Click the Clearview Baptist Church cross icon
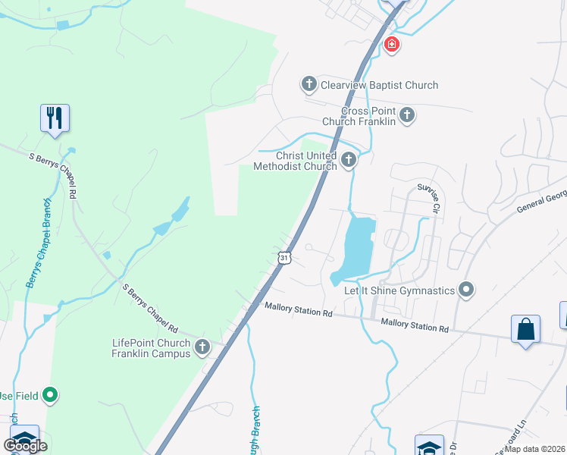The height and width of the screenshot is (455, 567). tap(309, 84)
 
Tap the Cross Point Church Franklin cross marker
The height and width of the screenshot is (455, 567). tap(407, 115)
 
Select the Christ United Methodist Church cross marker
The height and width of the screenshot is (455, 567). tap(348, 159)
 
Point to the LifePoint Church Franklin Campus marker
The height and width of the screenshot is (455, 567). tap(202, 347)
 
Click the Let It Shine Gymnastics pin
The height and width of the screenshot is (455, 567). tap(466, 290)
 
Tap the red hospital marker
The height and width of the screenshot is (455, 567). tap(391, 45)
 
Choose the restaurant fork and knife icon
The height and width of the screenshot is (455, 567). tap(55, 118)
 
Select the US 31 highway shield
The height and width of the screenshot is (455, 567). tap(283, 258)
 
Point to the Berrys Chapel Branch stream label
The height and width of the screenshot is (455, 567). tap(36, 243)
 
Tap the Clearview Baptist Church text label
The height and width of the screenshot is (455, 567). tap(379, 85)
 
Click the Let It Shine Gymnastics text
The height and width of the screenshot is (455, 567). tap(399, 290)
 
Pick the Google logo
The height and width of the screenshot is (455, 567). tap(26, 446)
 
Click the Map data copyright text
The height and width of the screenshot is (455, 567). tap(535, 449)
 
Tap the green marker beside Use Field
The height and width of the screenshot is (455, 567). tap(50, 394)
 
